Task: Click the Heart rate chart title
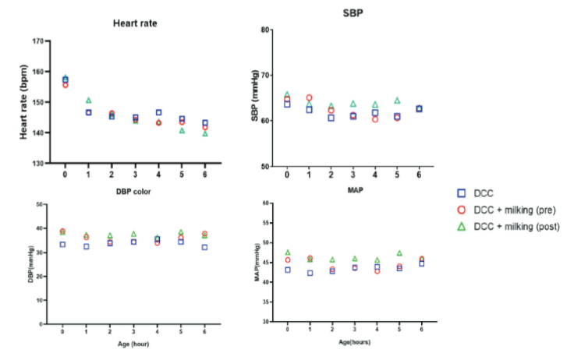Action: tap(135, 24)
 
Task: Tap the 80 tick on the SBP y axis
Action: tap(265, 30)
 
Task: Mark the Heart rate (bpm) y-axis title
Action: tap(24, 102)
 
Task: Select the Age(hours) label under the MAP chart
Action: tap(354, 341)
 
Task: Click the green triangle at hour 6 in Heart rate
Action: tap(205, 133)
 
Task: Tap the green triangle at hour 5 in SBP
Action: tap(397, 101)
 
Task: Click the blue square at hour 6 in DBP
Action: tap(205, 247)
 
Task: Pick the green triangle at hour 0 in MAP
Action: tap(288, 252)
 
